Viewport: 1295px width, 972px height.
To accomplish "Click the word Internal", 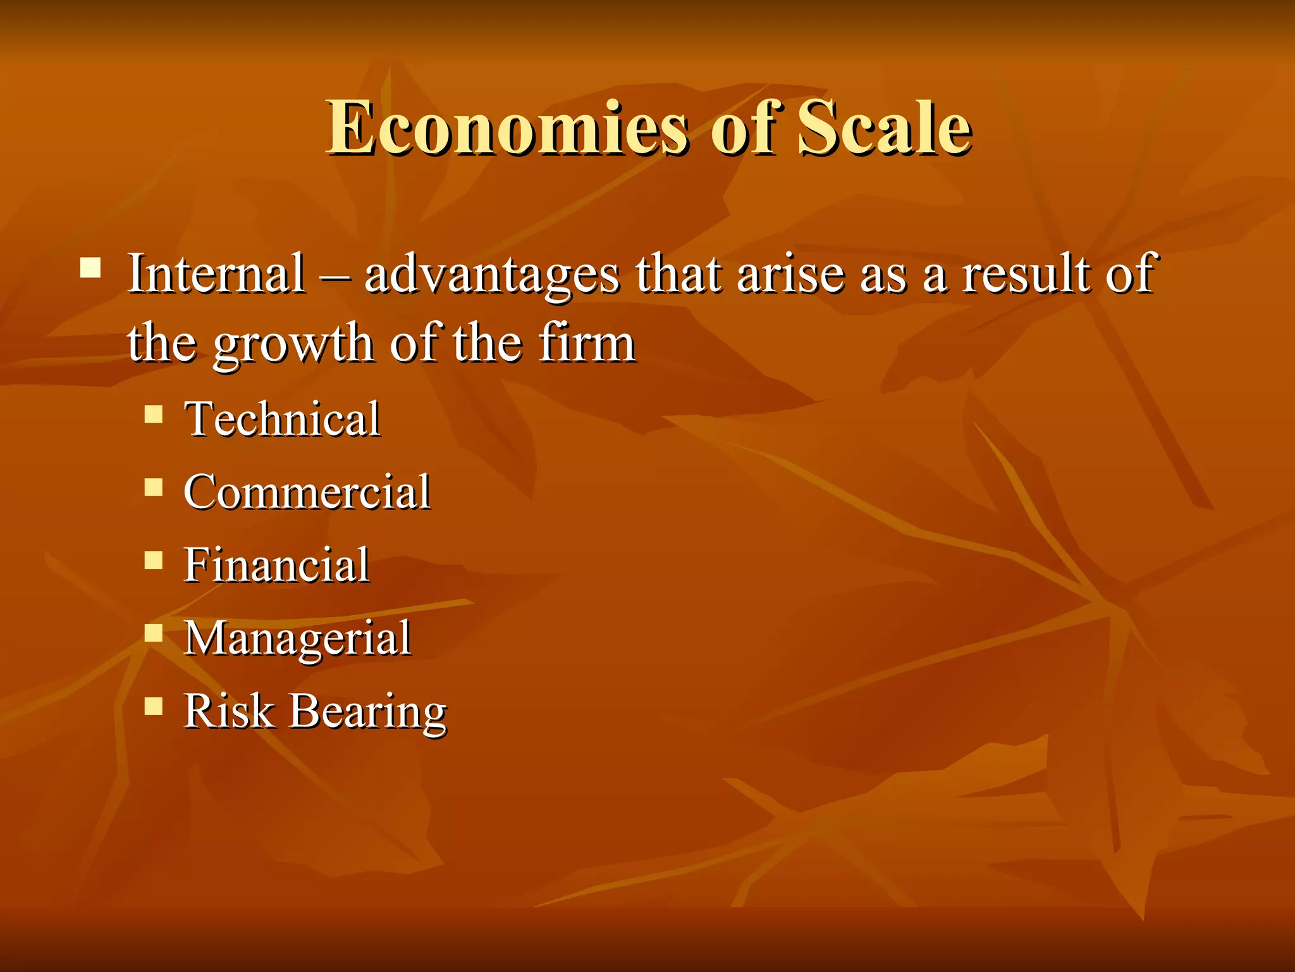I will pos(216,274).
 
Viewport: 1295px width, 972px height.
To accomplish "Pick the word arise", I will pos(790,274).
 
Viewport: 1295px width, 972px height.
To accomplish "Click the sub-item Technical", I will pos(282,419).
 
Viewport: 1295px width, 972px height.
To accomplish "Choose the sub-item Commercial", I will pos(307,492).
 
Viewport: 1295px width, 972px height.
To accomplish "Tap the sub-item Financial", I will pos(276,564).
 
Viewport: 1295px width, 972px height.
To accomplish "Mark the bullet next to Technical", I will pos(154,414).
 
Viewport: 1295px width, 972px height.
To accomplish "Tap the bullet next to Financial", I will pos(154,560).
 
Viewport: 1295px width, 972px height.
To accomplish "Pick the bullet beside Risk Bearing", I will pos(154,706).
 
